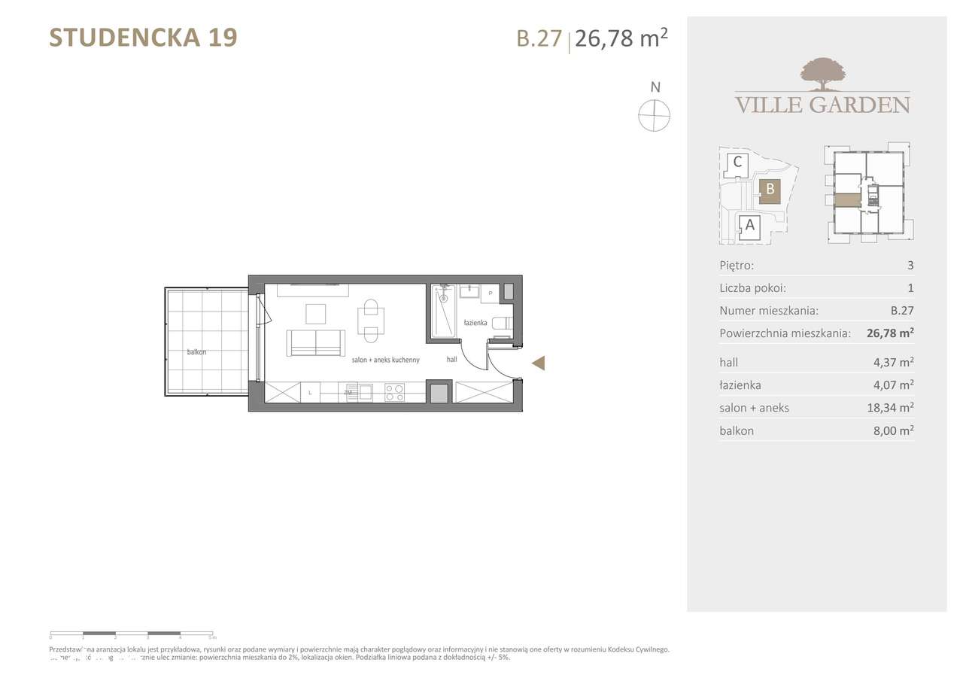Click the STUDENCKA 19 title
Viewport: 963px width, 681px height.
(143, 38)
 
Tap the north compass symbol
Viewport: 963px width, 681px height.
(654, 117)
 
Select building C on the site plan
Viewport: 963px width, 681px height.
(737, 162)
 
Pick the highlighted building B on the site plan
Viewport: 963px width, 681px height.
(770, 190)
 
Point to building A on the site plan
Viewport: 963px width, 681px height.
(749, 224)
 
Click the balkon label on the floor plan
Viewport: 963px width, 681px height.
(197, 351)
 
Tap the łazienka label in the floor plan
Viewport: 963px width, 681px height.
(475, 323)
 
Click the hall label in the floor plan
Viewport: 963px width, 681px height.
(451, 360)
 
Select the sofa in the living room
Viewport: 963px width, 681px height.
(315, 343)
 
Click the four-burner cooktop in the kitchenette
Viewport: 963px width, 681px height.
(394, 391)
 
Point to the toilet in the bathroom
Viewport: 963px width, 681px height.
(501, 323)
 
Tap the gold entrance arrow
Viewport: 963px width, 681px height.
(538, 364)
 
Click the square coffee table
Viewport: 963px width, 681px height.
(316, 312)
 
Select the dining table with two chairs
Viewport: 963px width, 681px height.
(370, 320)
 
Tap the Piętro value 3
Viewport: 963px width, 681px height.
(910, 265)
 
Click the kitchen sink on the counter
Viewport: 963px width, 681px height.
(366, 391)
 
